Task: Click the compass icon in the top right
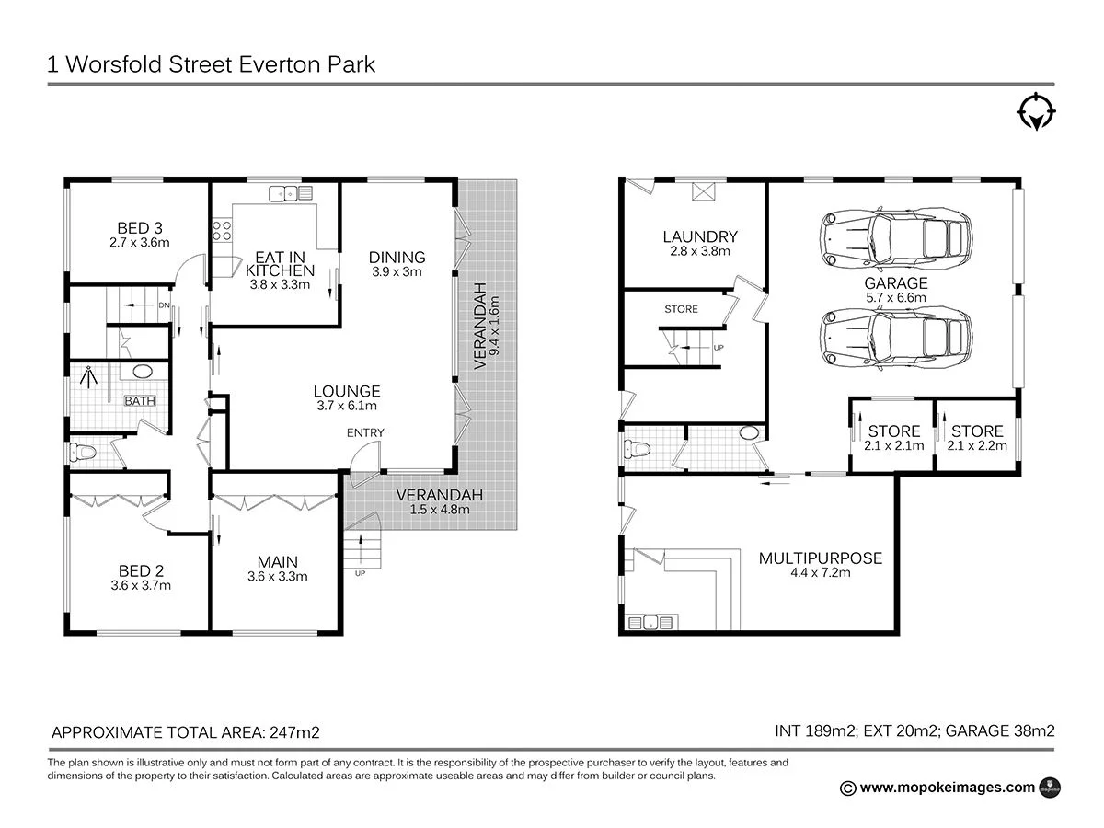(1036, 111)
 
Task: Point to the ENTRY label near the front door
(365, 432)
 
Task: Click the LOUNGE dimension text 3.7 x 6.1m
(346, 406)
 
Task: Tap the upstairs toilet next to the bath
(85, 452)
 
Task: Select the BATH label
(140, 401)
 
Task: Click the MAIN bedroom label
(277, 562)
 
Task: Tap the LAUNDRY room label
(700, 236)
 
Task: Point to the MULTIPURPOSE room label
(820, 558)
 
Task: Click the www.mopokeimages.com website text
(948, 787)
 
